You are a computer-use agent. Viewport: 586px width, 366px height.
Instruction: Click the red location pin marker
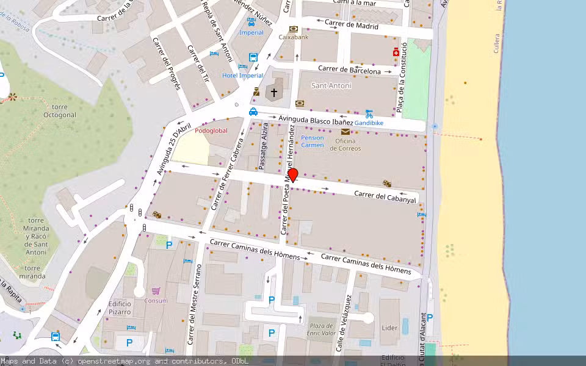[x=293, y=175]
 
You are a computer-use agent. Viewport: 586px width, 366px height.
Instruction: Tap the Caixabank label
[x=294, y=37]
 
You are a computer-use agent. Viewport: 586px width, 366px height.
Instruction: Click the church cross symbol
[x=274, y=93]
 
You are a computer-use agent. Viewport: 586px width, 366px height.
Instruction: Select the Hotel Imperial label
[x=242, y=76]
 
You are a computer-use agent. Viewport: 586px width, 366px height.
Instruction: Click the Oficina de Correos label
[x=345, y=145]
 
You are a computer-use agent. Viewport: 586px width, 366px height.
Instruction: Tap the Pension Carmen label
[x=313, y=142]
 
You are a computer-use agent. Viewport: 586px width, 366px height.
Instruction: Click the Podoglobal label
[x=211, y=131]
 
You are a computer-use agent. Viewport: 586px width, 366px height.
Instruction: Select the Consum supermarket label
[x=156, y=300]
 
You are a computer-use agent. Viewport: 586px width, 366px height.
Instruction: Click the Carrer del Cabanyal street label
[x=385, y=196]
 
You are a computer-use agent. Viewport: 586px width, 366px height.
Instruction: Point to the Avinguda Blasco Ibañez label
[x=316, y=120]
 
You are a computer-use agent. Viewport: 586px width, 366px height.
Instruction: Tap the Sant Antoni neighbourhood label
[x=331, y=85]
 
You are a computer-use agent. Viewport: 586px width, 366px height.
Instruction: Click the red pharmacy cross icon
[x=396, y=53]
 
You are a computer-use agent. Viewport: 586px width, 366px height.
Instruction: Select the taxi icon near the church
[x=253, y=112]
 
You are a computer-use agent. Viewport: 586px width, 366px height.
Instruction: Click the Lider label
[x=389, y=328]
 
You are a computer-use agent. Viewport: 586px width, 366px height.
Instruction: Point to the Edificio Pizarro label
[x=120, y=307]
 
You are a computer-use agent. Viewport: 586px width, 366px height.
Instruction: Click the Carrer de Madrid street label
[x=352, y=25]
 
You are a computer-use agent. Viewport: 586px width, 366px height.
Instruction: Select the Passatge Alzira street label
[x=263, y=149]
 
